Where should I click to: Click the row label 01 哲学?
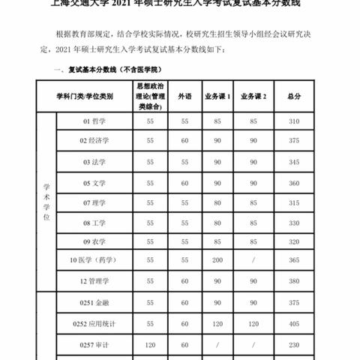pos(95,119)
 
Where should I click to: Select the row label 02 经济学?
pos(97,139)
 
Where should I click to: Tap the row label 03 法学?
pos(95,161)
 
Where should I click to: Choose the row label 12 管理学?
pos(97,279)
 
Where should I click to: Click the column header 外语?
pos(184,96)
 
